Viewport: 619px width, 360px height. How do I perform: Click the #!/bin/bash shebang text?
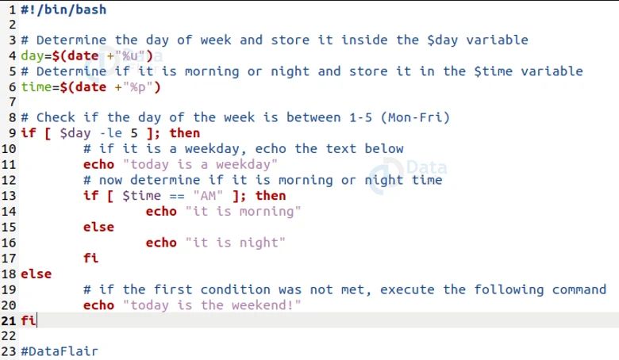pyautogui.click(x=63, y=10)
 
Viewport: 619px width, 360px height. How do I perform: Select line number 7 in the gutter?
pyautogui.click(x=13, y=102)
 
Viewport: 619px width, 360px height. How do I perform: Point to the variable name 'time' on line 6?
pyautogui.click(x=36, y=86)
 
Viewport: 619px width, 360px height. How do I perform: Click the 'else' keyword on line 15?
pyautogui.click(x=98, y=227)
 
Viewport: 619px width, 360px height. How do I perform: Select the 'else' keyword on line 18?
pyautogui.click(x=36, y=274)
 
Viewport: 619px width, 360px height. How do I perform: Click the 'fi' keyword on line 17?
pyautogui.click(x=90, y=259)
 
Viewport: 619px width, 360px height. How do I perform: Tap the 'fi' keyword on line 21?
pyautogui.click(x=28, y=320)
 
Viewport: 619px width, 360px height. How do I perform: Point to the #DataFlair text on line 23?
pyautogui.click(x=60, y=351)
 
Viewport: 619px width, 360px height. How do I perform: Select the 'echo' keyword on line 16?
pyautogui.click(x=161, y=243)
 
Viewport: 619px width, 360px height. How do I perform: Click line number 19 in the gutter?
pyautogui.click(x=9, y=289)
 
